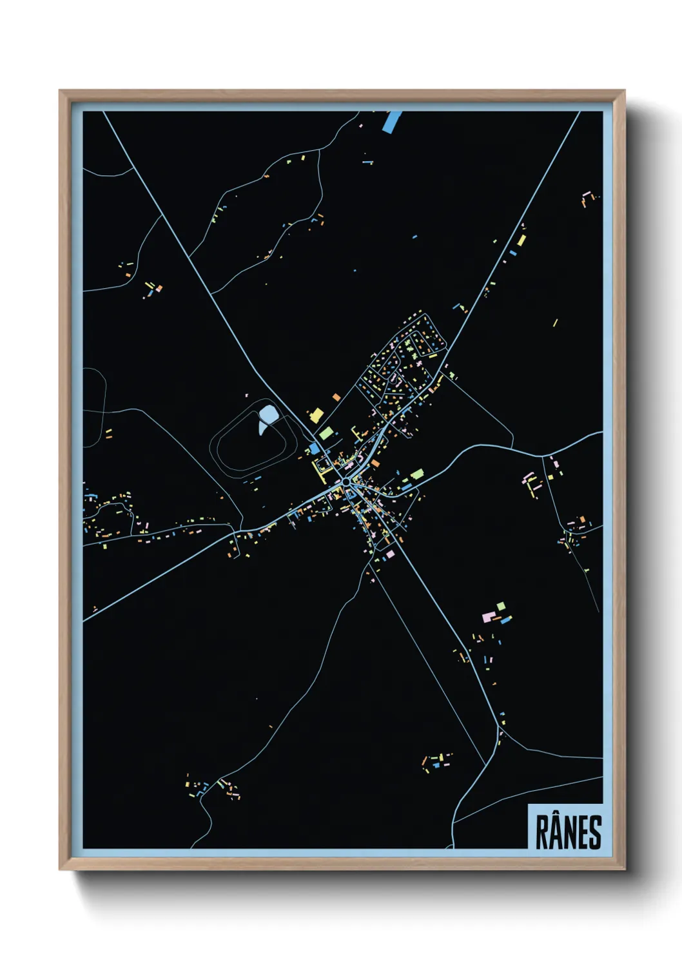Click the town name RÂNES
pos(568,832)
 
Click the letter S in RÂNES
pos(596,833)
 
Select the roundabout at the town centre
pos(347,482)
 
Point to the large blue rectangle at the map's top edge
pos(391,121)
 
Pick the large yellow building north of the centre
pos(317,414)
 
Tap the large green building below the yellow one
pos(325,433)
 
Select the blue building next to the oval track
pos(315,448)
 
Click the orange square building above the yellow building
pos(336,397)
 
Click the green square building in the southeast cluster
pos(501,606)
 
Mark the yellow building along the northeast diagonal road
pos(520,241)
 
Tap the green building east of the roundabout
pos(416,474)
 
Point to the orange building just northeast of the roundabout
pos(375,463)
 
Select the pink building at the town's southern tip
pos(389,554)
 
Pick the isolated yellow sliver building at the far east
pos(554,322)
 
